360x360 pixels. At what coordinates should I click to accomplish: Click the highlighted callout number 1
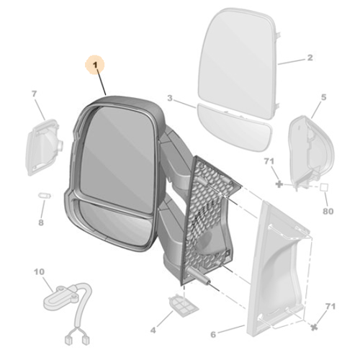(x=95, y=66)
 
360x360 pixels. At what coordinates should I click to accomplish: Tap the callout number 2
(x=309, y=58)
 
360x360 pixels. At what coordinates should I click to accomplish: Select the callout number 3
(x=169, y=98)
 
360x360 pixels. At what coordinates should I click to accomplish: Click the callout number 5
(x=323, y=97)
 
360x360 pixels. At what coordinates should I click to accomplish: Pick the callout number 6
(x=212, y=334)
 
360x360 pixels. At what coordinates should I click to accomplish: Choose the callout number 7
(x=33, y=94)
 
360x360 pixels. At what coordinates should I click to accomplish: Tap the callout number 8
(x=40, y=222)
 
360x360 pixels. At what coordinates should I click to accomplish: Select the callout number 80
(x=328, y=212)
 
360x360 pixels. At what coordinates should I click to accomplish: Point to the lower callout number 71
(x=330, y=307)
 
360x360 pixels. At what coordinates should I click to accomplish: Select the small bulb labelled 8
(x=42, y=196)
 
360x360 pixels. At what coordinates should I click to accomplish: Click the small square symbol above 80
(x=323, y=186)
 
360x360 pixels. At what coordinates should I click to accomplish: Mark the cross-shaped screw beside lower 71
(x=314, y=325)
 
